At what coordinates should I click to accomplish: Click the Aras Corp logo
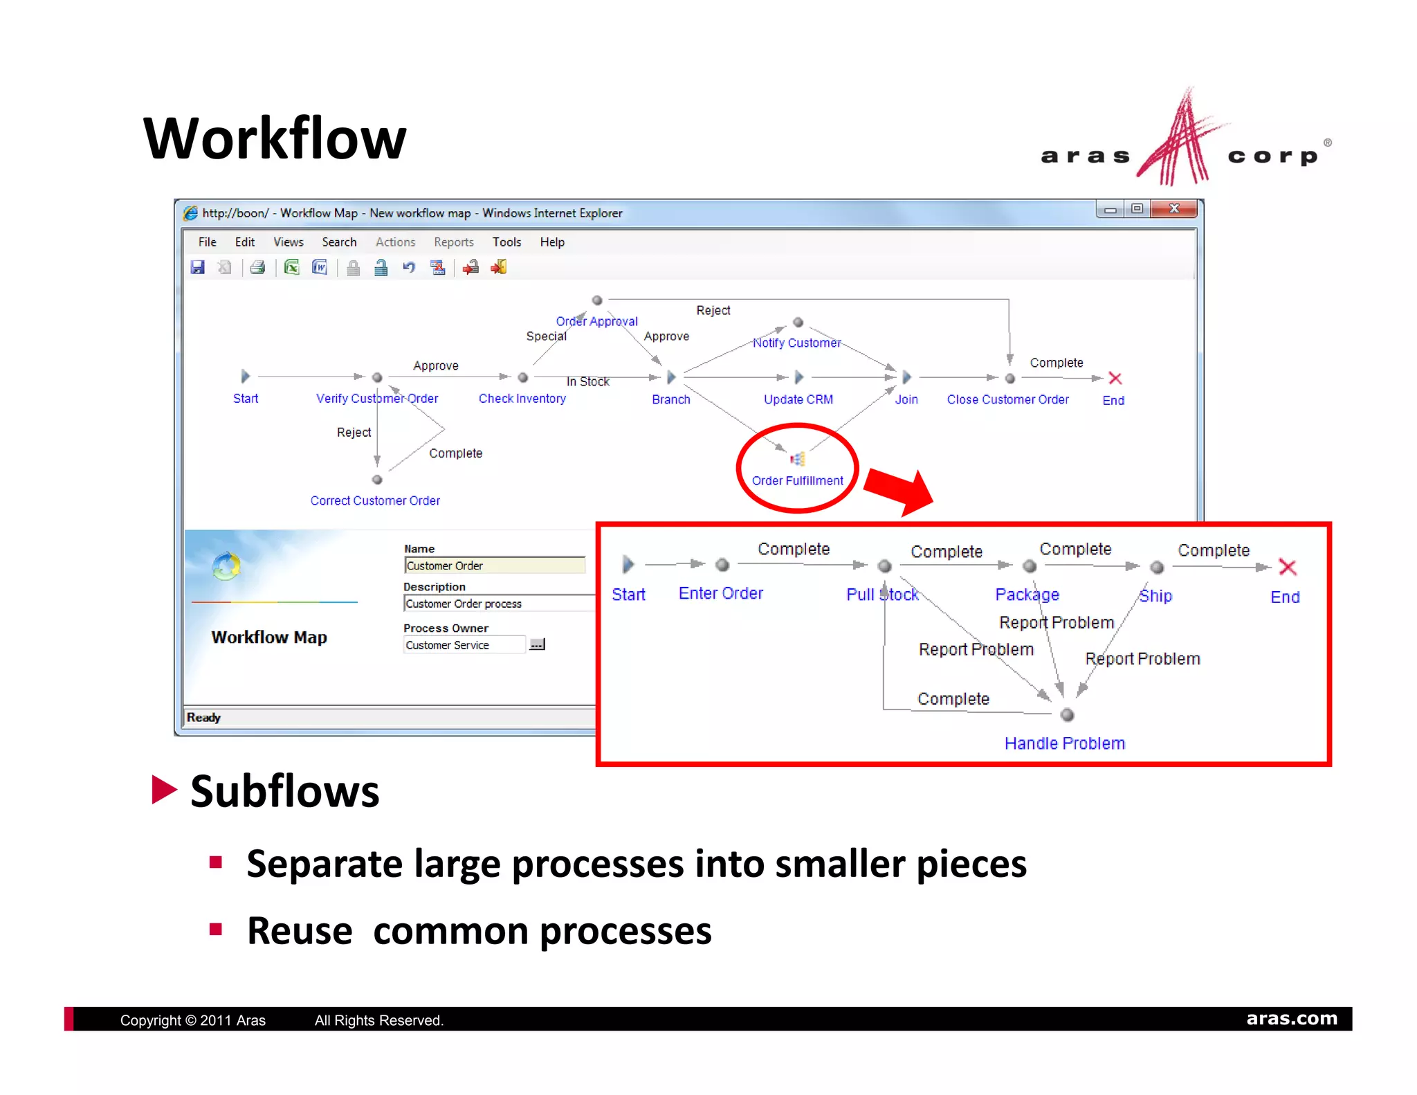tap(1184, 142)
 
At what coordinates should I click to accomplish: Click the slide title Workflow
tap(275, 138)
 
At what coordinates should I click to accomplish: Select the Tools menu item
tap(506, 242)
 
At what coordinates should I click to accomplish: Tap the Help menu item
tap(552, 242)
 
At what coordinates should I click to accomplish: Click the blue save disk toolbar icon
tap(198, 267)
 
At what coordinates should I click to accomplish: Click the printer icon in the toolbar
tap(257, 267)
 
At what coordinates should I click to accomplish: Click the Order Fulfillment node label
tap(797, 480)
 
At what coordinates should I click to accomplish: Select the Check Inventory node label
tap(522, 399)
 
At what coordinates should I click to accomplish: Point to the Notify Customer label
tap(796, 343)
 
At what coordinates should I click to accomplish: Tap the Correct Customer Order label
tap(375, 500)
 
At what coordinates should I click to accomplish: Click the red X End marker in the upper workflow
tap(1115, 379)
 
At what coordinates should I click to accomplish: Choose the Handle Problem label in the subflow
tap(1064, 743)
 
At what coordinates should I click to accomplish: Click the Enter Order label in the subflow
tap(720, 593)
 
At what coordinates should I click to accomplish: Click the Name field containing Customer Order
tap(493, 565)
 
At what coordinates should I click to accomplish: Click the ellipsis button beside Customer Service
tap(537, 644)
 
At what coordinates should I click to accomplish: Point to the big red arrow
tap(899, 490)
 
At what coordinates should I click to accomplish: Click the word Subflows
tap(284, 791)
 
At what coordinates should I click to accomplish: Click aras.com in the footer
tap(1291, 1018)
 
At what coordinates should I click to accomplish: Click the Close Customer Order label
tap(1007, 399)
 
